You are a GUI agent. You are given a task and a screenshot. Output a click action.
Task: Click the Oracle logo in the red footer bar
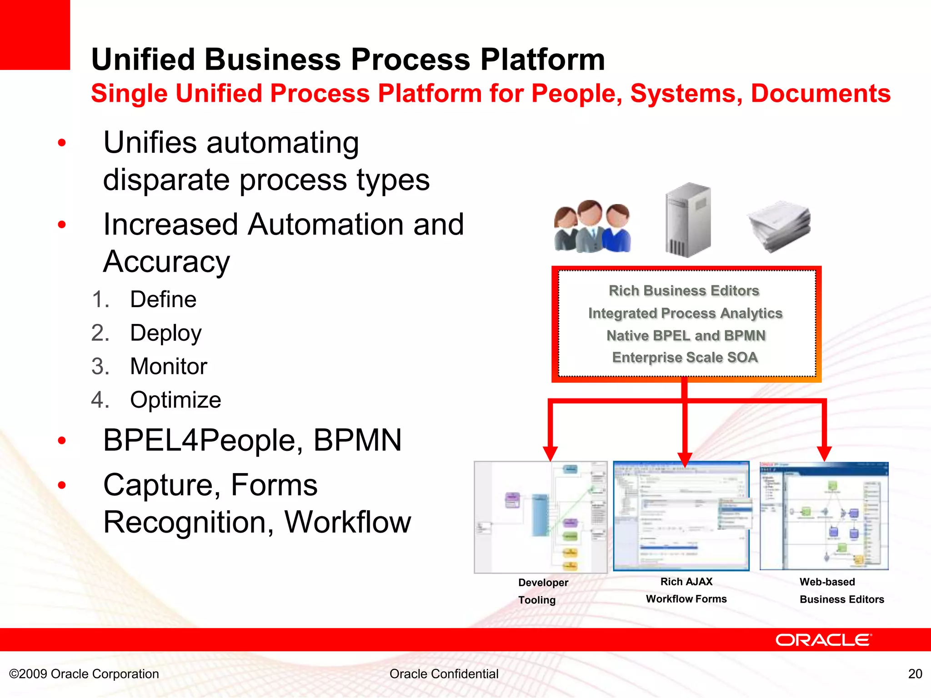pyautogui.click(x=823, y=640)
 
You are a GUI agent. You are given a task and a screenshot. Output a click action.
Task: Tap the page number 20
pyautogui.click(x=915, y=673)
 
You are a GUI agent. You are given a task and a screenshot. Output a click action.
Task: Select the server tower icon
pyautogui.click(x=688, y=220)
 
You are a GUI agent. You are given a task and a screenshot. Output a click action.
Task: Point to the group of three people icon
pyautogui.click(x=592, y=226)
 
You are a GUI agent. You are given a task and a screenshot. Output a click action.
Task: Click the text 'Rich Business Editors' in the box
pyautogui.click(x=684, y=290)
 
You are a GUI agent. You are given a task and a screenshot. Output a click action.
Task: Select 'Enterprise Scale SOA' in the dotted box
pyautogui.click(x=685, y=357)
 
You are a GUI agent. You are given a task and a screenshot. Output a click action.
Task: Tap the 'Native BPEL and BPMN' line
pyautogui.click(x=686, y=335)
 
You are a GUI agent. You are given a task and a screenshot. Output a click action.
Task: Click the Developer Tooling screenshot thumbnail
pyautogui.click(x=541, y=517)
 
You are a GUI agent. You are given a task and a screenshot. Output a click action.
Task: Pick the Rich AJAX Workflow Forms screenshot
pyautogui.click(x=681, y=516)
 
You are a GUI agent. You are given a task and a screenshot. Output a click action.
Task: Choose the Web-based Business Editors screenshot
pyautogui.click(x=824, y=516)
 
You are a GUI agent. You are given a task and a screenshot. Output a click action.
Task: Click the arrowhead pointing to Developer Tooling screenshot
pyautogui.click(x=550, y=453)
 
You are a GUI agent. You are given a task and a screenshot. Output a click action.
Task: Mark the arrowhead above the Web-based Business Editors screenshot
pyautogui.click(x=824, y=453)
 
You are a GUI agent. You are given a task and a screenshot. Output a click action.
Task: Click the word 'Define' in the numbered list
pyautogui.click(x=163, y=299)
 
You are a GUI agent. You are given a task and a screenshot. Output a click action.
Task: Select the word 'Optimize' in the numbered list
pyautogui.click(x=175, y=400)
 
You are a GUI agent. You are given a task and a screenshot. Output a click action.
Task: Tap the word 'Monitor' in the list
pyautogui.click(x=169, y=366)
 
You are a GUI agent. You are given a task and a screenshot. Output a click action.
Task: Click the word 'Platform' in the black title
pyautogui.click(x=543, y=60)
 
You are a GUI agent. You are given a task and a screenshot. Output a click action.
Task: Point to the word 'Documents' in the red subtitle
pyautogui.click(x=821, y=94)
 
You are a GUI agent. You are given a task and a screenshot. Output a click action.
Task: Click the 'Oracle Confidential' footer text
pyautogui.click(x=444, y=673)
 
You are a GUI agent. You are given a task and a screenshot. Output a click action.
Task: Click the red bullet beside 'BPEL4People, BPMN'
pyautogui.click(x=62, y=440)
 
